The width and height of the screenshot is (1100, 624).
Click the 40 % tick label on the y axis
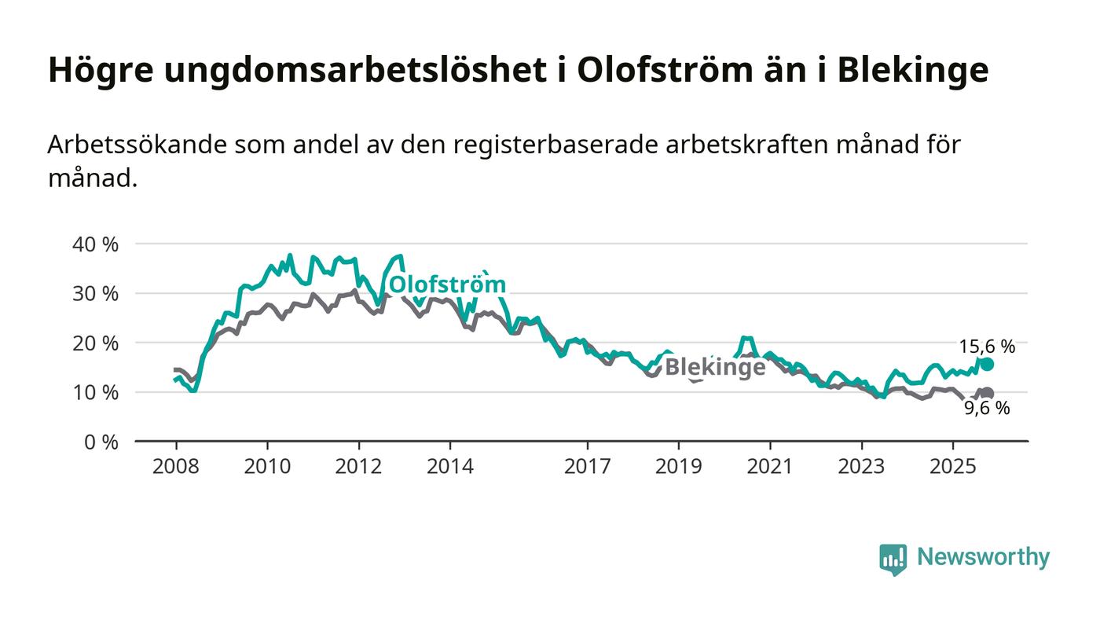click(95, 244)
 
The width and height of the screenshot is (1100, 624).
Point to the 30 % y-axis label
click(95, 294)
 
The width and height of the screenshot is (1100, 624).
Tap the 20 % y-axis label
click(95, 343)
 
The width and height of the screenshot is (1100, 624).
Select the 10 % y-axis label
click(95, 392)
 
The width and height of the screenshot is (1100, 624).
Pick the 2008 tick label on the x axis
click(176, 467)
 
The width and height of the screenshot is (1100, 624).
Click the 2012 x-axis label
click(358, 467)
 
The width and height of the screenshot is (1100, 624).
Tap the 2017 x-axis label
click(587, 467)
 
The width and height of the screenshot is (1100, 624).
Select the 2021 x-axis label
click(769, 467)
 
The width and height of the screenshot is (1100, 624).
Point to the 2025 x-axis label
click(952, 467)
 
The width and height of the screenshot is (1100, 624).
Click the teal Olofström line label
click(447, 284)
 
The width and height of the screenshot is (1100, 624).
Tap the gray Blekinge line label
click(715, 368)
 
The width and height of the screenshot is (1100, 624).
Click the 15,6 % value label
click(987, 346)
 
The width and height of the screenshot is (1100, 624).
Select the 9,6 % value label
click(987, 408)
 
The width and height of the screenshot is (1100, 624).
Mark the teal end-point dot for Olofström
click(987, 364)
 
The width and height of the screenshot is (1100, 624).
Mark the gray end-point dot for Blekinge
click(987, 393)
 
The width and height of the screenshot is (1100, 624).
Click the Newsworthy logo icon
click(893, 559)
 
